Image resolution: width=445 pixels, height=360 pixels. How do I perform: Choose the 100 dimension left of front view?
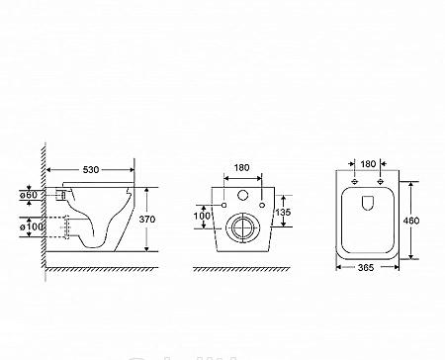tap(203, 216)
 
